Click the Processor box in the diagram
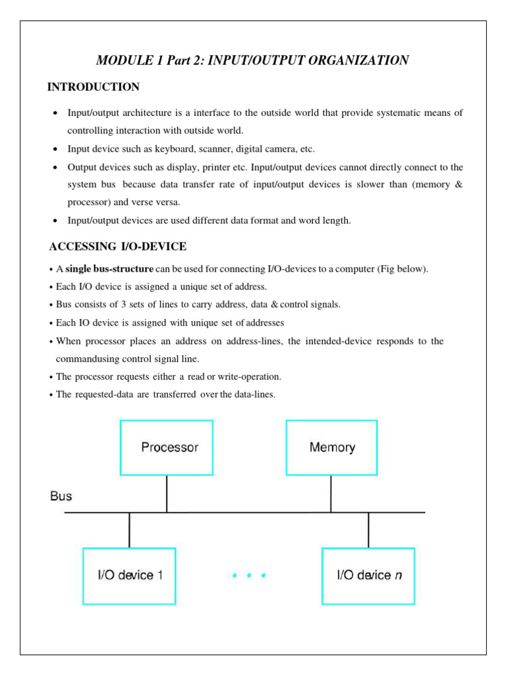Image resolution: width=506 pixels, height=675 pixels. (166, 448)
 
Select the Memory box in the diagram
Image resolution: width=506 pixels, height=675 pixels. (331, 448)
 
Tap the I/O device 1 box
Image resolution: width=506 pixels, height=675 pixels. (129, 575)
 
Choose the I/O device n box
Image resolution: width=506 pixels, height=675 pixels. (368, 575)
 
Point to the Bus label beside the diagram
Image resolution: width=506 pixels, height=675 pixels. (61, 496)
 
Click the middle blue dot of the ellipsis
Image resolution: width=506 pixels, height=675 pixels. (248, 575)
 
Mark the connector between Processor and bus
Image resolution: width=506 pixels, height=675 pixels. (167, 494)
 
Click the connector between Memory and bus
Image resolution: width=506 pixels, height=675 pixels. (331, 494)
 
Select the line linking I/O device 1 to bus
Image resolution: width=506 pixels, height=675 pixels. (129, 529)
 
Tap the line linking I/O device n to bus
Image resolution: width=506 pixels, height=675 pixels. (368, 529)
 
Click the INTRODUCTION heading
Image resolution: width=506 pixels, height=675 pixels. (93, 87)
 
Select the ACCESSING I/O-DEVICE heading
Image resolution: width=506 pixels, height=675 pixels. (118, 247)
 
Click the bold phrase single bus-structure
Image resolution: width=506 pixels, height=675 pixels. (109, 270)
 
